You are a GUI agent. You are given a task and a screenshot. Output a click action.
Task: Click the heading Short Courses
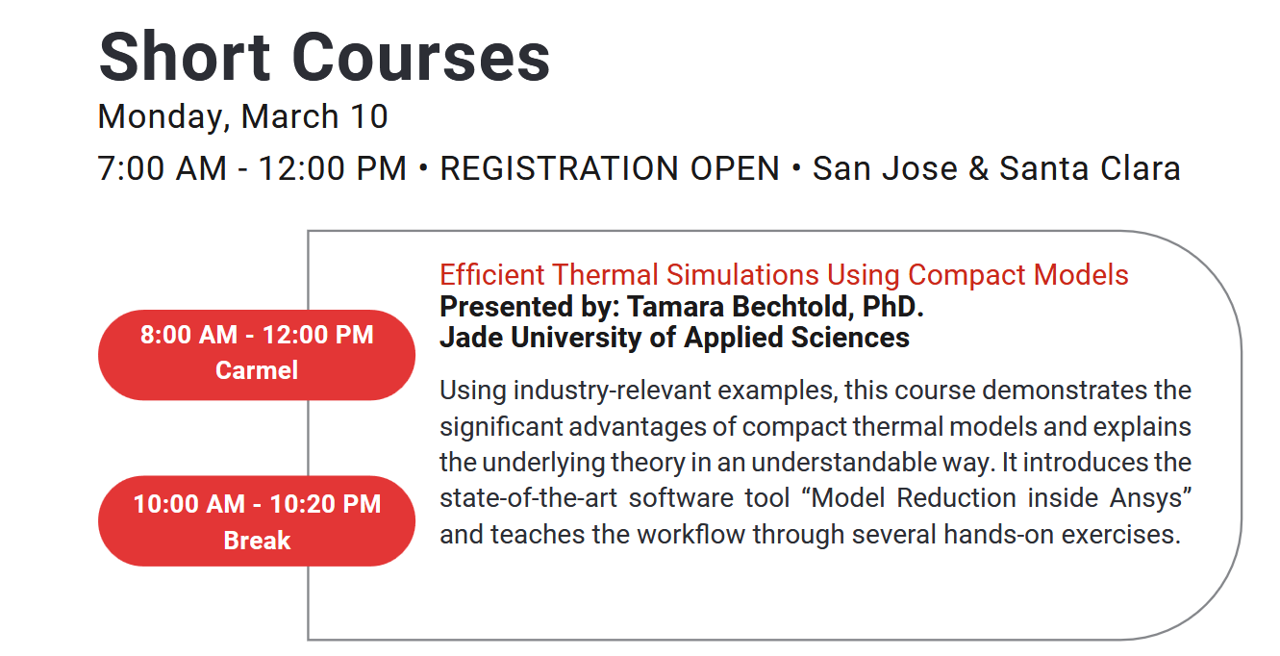[x=324, y=57]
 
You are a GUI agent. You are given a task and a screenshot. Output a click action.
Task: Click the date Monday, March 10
[x=243, y=117]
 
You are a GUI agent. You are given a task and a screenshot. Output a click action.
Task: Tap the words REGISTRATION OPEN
[x=609, y=168]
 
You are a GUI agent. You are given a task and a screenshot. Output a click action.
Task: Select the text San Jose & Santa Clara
[x=996, y=168]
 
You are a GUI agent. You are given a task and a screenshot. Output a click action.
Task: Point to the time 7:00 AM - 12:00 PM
[x=252, y=168]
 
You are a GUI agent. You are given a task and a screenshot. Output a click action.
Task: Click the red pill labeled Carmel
[x=257, y=355]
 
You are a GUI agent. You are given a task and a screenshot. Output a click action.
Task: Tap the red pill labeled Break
[x=257, y=520]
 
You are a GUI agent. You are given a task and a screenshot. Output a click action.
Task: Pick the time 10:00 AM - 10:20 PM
[x=257, y=504]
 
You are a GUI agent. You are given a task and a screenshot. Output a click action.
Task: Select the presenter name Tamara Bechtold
[x=740, y=306]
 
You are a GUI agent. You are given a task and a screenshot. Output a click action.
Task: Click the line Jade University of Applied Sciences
[x=674, y=338]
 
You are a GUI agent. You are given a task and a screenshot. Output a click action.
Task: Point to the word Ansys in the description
[x=1151, y=498]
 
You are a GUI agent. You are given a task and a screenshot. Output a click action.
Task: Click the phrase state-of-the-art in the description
[x=529, y=497]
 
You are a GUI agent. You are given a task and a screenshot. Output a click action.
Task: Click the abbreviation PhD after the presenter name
[x=893, y=306]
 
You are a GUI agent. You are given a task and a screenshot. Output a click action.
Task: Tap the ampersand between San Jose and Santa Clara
[x=978, y=168]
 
